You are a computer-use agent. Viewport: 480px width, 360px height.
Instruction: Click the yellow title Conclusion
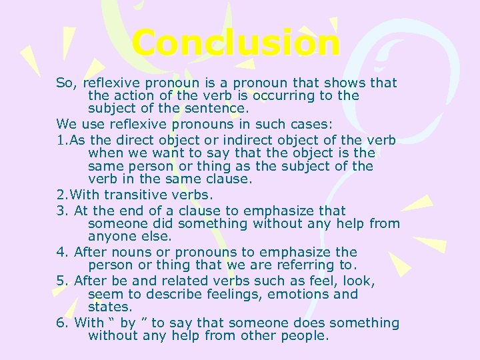point(235,43)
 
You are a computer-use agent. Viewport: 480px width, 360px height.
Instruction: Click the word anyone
point(111,237)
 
